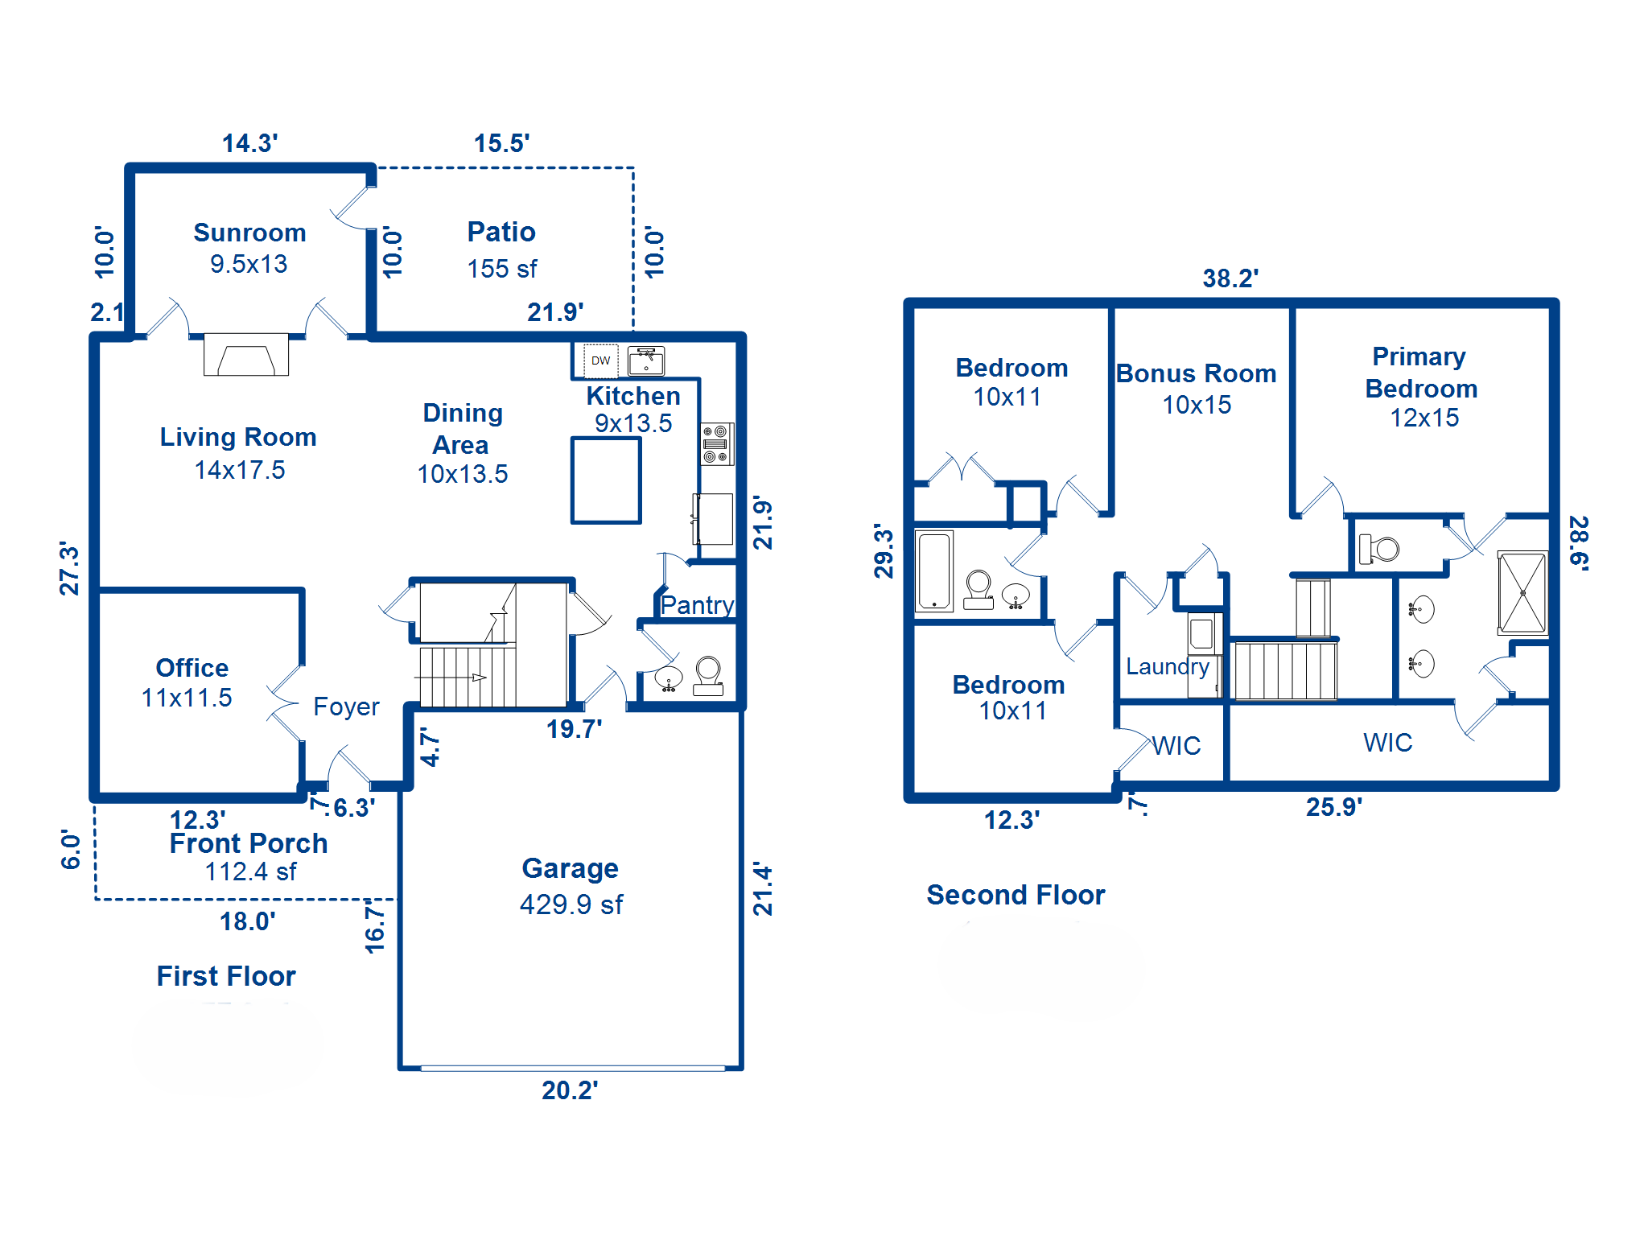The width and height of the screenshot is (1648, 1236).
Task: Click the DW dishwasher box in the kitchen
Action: (600, 360)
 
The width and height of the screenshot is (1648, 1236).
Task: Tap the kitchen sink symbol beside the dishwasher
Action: (646, 361)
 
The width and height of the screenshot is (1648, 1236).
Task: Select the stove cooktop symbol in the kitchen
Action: (716, 443)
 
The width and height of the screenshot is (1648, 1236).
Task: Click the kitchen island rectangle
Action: (606, 480)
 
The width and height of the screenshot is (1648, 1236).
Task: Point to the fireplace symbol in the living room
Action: (246, 355)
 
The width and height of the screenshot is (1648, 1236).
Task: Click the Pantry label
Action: (697, 605)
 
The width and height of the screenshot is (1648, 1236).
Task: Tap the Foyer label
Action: (346, 707)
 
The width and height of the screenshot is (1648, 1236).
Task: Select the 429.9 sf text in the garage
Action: (571, 904)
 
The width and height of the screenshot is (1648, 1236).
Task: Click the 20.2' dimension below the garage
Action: (570, 1090)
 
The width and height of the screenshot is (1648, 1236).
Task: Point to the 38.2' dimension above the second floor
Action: (1230, 278)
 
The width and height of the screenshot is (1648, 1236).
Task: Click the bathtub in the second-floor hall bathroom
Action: (934, 571)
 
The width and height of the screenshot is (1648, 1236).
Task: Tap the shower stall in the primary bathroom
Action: (1522, 593)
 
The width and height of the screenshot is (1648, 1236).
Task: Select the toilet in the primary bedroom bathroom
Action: (1379, 550)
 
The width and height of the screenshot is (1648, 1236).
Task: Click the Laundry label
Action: (1167, 666)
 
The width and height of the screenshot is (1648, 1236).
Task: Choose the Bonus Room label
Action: (1196, 374)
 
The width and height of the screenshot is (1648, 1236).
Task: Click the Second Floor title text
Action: (1016, 895)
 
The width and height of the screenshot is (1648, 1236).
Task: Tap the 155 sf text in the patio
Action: (502, 269)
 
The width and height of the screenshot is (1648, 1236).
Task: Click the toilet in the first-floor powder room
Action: (708, 675)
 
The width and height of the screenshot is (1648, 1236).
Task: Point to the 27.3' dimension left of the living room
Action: (70, 568)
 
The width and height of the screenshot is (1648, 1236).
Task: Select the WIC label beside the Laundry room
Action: (1176, 746)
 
